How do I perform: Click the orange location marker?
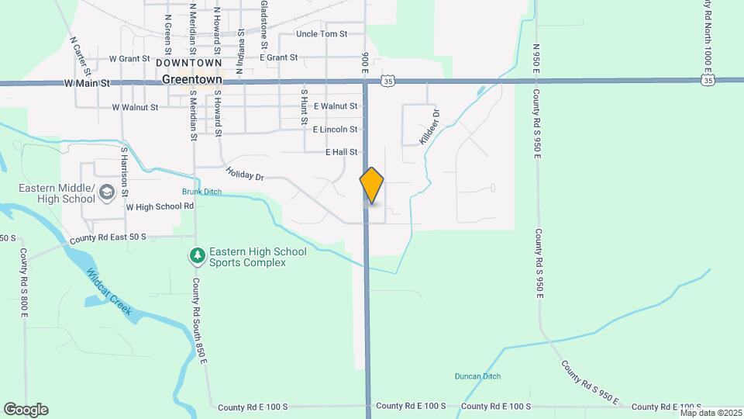[372, 185]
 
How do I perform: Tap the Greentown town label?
[192, 80]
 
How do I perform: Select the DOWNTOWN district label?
[188, 62]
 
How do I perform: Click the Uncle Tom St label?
[322, 34]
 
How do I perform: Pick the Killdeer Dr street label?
[429, 124]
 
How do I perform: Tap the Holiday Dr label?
[245, 175]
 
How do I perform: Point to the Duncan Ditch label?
[477, 376]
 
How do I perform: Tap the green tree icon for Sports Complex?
[198, 255]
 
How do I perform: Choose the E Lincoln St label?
[336, 129]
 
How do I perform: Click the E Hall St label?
[342, 152]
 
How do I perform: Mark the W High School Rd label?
[160, 206]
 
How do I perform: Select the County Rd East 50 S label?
[108, 238]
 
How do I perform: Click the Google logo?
[26, 409]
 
